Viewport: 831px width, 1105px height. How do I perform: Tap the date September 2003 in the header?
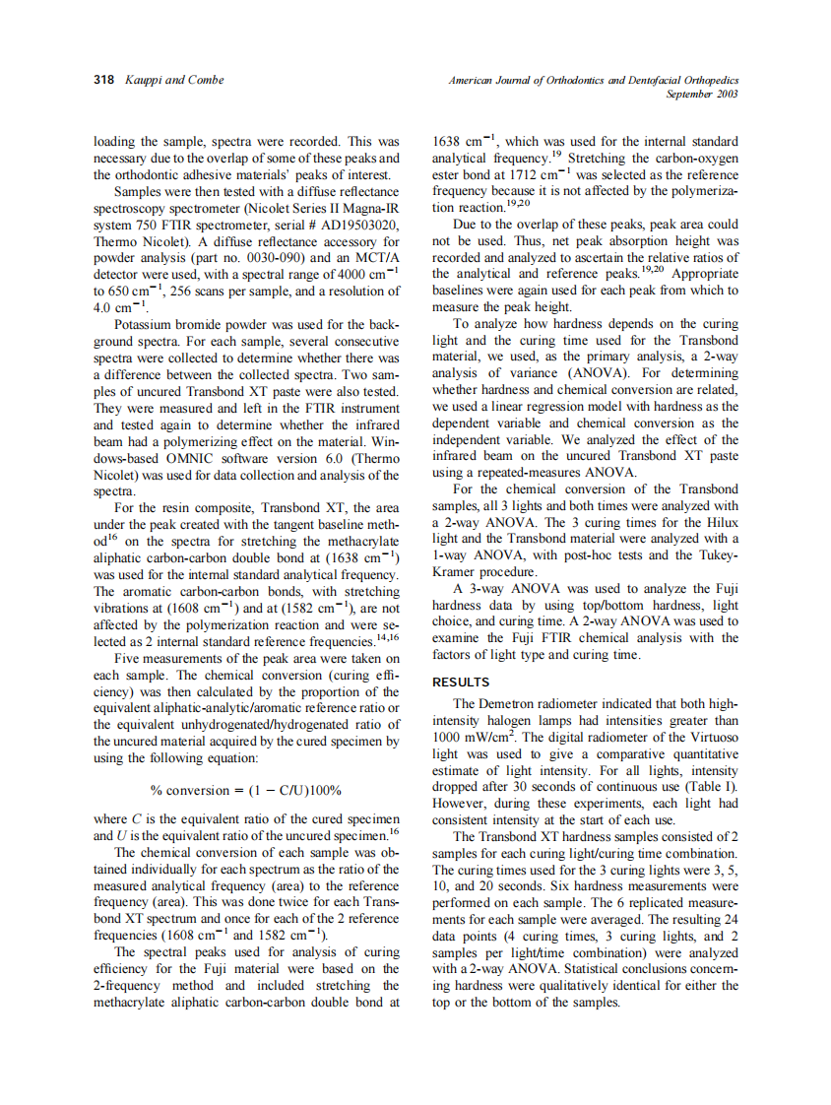click(701, 94)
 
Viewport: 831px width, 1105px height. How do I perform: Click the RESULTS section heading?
click(461, 682)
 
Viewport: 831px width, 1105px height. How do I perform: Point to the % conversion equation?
click(245, 791)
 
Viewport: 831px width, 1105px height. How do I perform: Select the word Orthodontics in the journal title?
click(581, 80)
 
